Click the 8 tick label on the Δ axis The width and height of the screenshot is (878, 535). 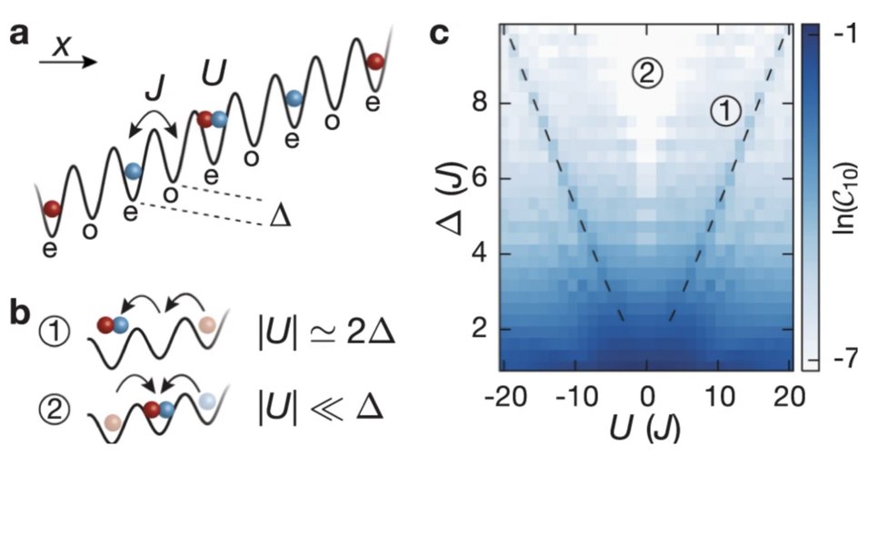tap(479, 104)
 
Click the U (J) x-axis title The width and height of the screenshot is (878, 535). tap(648, 428)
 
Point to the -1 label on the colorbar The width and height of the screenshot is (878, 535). tap(850, 33)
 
